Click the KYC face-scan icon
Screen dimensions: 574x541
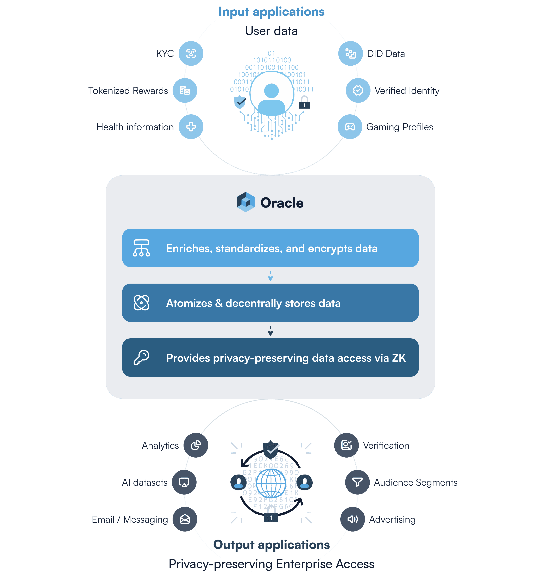(191, 53)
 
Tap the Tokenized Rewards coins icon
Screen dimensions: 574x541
(185, 90)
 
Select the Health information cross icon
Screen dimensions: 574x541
(191, 127)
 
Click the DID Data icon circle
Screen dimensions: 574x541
(350, 53)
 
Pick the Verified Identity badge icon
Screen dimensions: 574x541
(358, 90)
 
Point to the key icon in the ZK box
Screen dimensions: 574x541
(141, 357)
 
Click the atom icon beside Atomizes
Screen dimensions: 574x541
(141, 303)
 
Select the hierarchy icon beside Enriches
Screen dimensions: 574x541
(141, 248)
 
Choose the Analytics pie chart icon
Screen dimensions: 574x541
(196, 445)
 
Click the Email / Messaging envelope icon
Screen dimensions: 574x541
(185, 519)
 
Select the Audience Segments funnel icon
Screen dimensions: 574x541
(357, 482)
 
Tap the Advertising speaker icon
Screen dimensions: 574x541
(353, 519)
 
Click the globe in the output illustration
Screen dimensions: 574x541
(271, 483)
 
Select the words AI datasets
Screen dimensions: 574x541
(145, 483)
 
